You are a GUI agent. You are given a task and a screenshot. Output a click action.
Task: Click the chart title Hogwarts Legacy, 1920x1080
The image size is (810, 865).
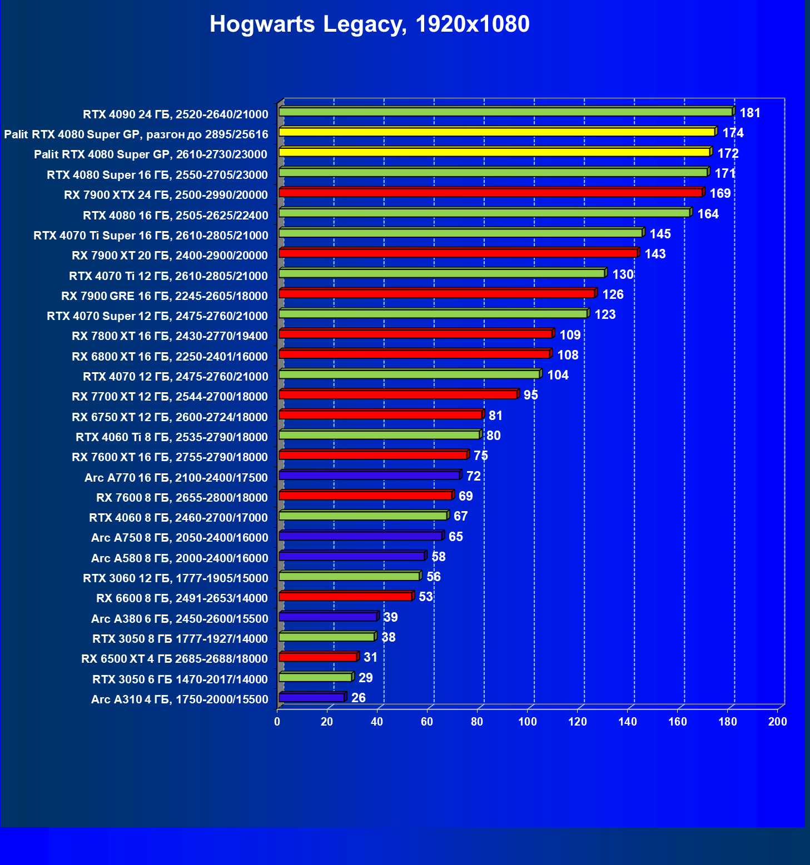[x=369, y=24]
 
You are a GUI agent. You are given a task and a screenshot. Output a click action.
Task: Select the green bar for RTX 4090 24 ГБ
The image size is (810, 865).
[x=505, y=112]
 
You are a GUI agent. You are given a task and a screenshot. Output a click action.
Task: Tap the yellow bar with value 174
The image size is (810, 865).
[x=496, y=132]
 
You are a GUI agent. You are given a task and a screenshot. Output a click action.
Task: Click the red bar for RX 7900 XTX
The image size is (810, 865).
[x=490, y=193]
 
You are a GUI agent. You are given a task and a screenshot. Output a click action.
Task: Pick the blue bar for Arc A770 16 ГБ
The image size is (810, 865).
[x=369, y=476]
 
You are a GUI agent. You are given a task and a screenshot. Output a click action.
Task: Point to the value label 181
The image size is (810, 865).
[x=750, y=113]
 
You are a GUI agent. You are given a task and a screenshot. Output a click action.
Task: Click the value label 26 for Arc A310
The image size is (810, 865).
[x=359, y=698]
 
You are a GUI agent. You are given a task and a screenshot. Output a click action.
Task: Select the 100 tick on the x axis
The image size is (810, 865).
[x=528, y=722]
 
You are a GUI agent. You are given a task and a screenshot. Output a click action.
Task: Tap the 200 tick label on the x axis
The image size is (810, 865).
[x=778, y=722]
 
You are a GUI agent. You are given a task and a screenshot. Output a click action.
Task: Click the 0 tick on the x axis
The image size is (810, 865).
[x=277, y=722]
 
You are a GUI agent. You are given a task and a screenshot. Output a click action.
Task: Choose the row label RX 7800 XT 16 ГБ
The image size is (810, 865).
[x=170, y=336]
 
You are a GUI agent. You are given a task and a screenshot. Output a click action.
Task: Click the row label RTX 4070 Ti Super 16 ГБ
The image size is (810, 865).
[x=151, y=236]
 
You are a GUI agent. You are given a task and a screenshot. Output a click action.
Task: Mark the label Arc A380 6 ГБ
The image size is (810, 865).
[x=180, y=619]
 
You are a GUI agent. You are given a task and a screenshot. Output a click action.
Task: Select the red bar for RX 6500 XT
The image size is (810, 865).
[x=317, y=657]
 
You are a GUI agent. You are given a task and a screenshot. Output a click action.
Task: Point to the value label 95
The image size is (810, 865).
[x=531, y=395]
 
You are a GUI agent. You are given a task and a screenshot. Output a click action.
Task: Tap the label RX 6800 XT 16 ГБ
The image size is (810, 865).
[x=170, y=357]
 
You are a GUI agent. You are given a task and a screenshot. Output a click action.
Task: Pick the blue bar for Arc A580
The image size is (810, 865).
[x=351, y=556]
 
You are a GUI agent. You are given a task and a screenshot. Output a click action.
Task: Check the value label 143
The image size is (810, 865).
[x=655, y=254]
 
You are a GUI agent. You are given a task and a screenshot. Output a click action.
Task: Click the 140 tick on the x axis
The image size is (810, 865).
[x=628, y=722]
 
